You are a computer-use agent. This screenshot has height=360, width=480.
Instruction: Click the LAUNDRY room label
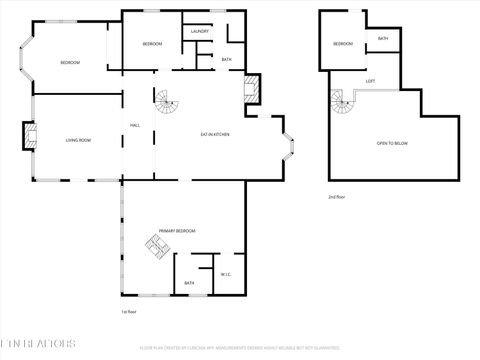click(x=199, y=32)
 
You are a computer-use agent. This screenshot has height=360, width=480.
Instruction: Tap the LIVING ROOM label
click(x=78, y=140)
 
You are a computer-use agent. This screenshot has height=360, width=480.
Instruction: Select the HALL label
click(x=134, y=125)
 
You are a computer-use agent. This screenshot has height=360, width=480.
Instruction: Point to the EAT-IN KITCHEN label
click(x=218, y=133)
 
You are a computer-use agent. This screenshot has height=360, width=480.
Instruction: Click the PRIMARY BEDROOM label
click(x=177, y=231)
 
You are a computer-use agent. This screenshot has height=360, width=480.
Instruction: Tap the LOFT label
click(x=370, y=81)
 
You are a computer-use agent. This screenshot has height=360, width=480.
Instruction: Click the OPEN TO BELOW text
click(x=392, y=144)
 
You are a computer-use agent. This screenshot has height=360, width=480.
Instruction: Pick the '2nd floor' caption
click(x=337, y=197)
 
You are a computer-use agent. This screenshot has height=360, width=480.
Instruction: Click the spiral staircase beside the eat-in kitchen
click(x=166, y=102)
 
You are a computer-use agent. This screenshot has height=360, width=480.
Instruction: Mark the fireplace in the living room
click(x=29, y=136)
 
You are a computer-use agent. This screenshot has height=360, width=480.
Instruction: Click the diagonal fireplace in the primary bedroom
click(x=156, y=246)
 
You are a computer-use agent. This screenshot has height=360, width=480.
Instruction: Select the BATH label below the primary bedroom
click(x=189, y=283)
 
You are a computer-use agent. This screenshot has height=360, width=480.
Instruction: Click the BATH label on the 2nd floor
click(x=383, y=38)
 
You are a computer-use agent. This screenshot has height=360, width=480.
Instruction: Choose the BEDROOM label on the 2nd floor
click(x=343, y=44)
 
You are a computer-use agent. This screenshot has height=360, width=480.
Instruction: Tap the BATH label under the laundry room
click(x=227, y=60)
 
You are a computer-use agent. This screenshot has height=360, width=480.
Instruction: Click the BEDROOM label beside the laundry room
click(x=152, y=44)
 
